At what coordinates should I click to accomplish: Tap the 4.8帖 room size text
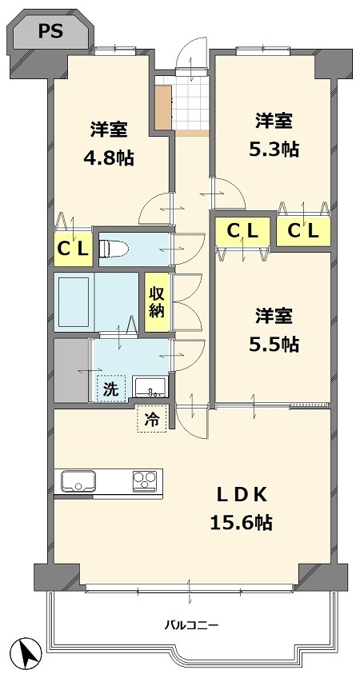point(110,158)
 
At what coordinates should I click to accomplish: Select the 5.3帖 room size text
point(275,149)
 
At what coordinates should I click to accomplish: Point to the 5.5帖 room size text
point(275,344)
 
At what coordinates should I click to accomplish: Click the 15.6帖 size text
point(241,523)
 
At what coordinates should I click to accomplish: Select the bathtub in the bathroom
point(74,301)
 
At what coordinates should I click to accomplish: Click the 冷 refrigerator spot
point(151,417)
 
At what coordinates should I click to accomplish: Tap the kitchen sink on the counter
point(78,482)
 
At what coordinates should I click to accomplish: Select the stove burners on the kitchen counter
point(145,481)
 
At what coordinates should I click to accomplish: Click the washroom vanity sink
point(149,388)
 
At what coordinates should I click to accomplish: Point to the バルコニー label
point(191,624)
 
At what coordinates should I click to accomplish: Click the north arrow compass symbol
point(28,654)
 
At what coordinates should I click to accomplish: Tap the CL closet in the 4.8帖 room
point(72,248)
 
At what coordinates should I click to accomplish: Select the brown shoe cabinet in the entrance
point(163,107)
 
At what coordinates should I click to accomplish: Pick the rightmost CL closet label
point(303,231)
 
